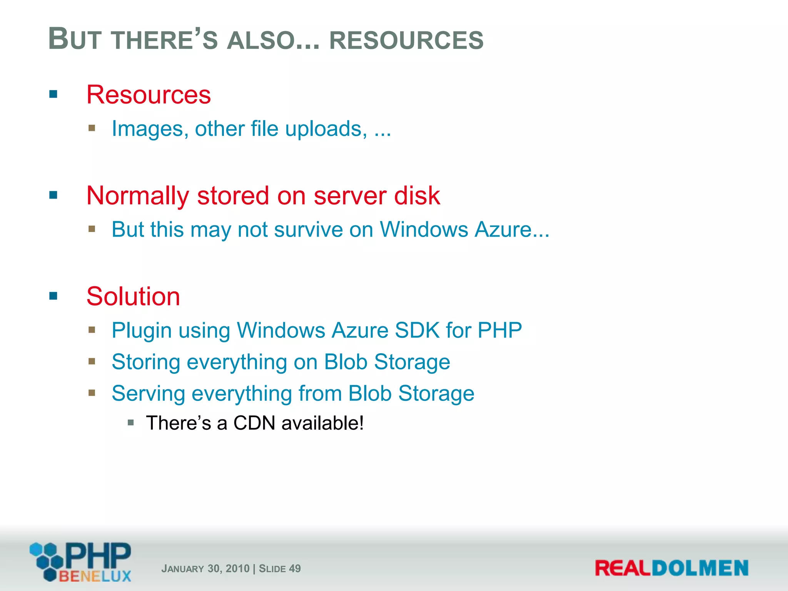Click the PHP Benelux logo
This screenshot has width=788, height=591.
tap(81, 562)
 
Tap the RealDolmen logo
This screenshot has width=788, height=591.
tap(671, 568)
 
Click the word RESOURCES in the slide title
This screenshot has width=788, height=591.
tap(406, 40)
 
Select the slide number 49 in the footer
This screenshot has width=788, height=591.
tap(295, 568)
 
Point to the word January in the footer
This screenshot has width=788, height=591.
tap(183, 569)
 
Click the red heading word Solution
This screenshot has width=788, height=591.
tap(133, 296)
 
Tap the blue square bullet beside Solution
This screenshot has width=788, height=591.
tap(53, 296)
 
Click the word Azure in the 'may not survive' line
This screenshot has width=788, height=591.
tap(504, 229)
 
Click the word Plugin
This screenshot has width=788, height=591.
tap(142, 331)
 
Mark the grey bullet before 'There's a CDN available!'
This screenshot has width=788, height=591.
tap(131, 423)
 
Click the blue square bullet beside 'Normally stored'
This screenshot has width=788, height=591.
tap(53, 195)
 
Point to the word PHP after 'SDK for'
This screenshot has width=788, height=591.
tap(499, 330)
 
